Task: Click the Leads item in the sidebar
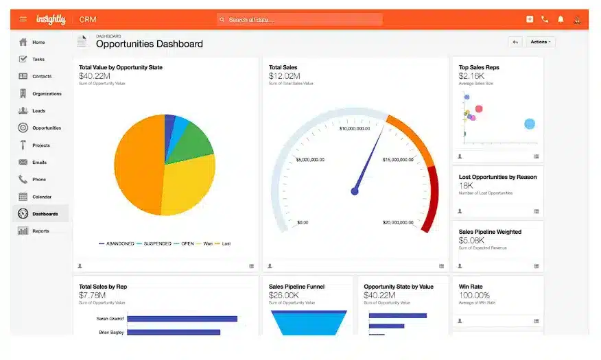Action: (38, 111)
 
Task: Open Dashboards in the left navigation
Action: (45, 214)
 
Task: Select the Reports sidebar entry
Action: (40, 231)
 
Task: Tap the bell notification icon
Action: (561, 19)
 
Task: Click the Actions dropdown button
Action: (541, 42)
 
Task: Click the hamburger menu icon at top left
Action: (23, 19)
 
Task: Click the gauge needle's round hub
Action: (355, 191)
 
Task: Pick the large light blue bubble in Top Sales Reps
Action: (530, 124)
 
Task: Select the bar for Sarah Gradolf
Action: (182, 319)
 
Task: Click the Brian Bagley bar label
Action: (110, 333)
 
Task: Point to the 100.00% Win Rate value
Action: (474, 295)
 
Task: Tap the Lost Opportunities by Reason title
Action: (497, 177)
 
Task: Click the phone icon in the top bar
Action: (545, 19)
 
